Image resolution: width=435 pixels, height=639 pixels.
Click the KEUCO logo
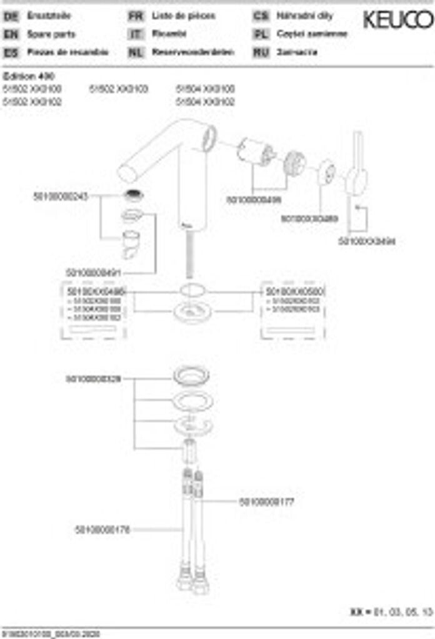[397, 21]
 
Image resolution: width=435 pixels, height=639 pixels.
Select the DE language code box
[11, 16]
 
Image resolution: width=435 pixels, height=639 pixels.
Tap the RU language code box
[261, 52]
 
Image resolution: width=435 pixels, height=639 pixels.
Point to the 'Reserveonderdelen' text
[193, 52]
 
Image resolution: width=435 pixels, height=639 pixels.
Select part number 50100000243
[61, 196]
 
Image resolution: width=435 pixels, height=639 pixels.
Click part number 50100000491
[94, 273]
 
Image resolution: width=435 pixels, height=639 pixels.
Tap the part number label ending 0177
[267, 501]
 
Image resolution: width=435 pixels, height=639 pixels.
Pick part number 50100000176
[102, 530]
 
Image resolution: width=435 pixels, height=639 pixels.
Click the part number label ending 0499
[253, 200]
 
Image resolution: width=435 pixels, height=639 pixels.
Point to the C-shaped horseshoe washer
[190, 425]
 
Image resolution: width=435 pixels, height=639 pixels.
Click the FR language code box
[136, 16]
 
